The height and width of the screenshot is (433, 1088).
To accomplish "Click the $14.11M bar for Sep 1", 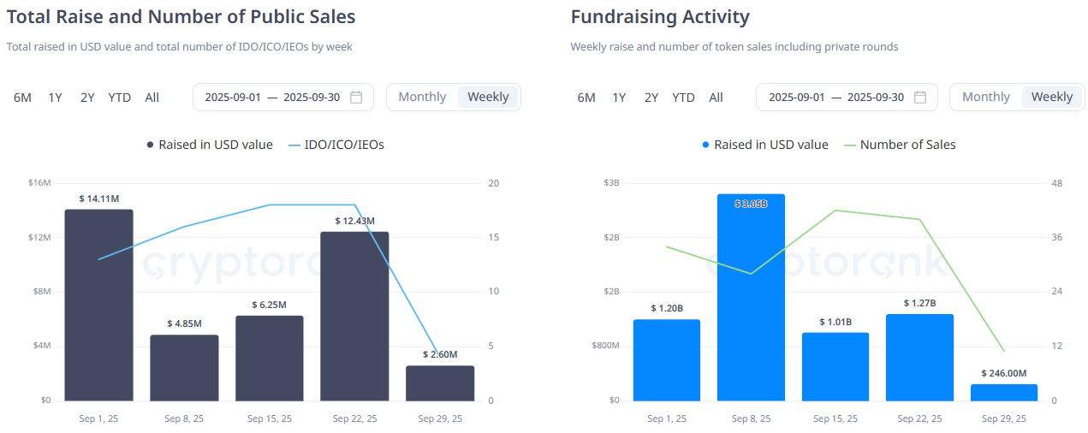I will [98, 304].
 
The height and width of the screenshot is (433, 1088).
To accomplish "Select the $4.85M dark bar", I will [184, 367].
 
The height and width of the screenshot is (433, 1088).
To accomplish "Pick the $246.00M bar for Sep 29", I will [1004, 392].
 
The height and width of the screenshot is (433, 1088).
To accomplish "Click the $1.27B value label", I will [919, 303].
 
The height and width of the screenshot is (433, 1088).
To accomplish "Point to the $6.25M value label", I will [269, 305].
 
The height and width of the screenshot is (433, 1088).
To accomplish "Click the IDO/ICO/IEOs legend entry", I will [336, 145].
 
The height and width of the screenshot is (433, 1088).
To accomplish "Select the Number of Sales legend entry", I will [900, 145].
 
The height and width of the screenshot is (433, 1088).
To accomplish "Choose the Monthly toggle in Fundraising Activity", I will [986, 97].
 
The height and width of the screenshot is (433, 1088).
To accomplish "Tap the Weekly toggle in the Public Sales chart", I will [489, 97].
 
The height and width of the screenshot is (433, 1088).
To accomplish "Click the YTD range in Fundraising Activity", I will [683, 98].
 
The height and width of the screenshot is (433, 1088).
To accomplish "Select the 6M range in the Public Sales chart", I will [22, 98].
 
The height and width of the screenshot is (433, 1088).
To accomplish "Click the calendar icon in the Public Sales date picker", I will [357, 97].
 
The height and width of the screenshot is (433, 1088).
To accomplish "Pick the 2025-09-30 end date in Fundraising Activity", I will [875, 98].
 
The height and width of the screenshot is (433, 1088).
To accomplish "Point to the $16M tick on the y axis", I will [39, 183].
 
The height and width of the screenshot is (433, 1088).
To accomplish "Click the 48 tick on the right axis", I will [1056, 183].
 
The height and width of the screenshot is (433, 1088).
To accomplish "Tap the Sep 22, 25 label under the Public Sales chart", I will [354, 418].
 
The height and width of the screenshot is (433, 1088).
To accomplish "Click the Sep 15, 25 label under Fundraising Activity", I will [835, 418].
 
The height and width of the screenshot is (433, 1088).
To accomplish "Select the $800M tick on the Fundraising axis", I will [604, 346].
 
